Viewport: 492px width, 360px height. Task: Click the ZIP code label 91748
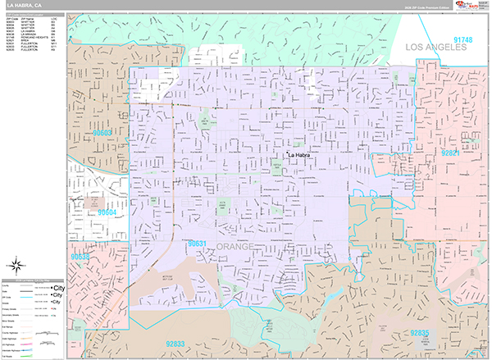click(462, 39)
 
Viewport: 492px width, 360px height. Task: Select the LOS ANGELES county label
click(435, 48)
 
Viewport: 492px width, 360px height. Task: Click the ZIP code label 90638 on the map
click(80, 257)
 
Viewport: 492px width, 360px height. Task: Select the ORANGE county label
click(237, 246)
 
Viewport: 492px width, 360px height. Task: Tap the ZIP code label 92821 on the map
click(452, 153)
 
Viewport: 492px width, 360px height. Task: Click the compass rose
click(17, 264)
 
